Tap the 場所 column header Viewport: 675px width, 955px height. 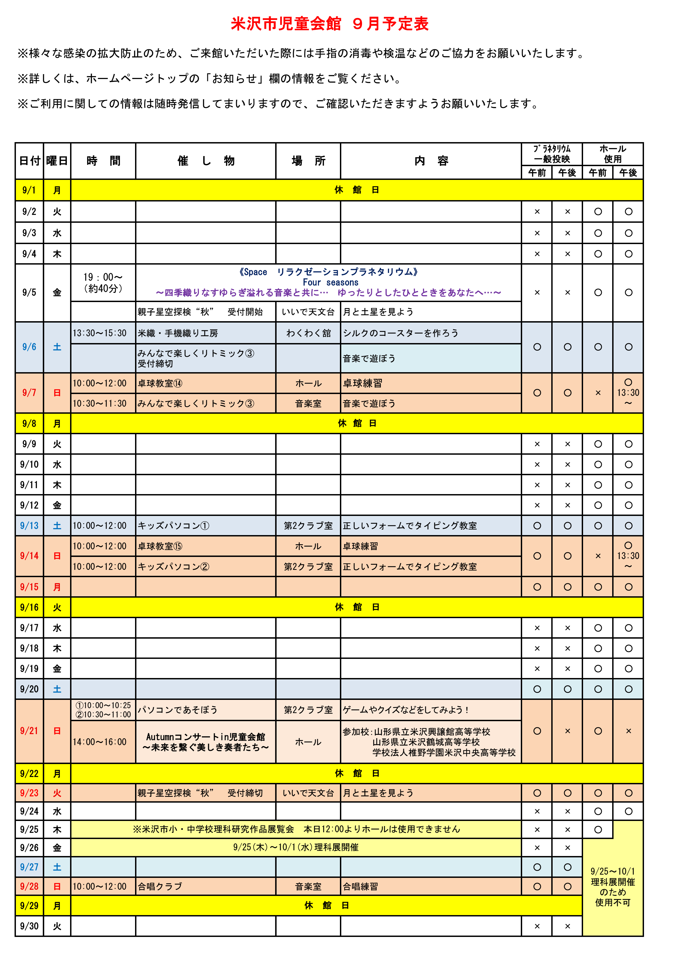[x=308, y=161]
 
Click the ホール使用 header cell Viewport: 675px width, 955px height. [x=613, y=154]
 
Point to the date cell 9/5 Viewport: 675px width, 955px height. [x=29, y=292]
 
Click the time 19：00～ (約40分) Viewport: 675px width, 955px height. [x=103, y=283]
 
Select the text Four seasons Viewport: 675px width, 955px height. [x=330, y=282]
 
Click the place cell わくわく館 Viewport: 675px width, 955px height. [x=308, y=333]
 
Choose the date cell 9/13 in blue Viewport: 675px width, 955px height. [x=29, y=526]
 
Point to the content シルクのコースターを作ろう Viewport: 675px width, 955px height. [x=400, y=333]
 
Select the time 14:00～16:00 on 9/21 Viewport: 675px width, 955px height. [x=100, y=742]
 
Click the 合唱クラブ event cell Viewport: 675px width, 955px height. [x=160, y=886]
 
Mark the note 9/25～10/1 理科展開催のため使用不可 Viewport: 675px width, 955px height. [x=613, y=887]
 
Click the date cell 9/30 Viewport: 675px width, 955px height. [x=29, y=926]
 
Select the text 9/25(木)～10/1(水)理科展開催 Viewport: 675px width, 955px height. [x=296, y=847]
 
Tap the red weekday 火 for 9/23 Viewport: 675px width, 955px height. [x=57, y=793]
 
